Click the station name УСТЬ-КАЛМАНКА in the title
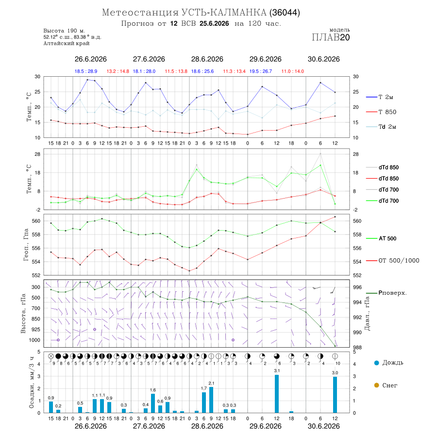[224, 13]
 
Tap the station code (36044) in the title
[285, 13]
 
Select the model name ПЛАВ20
[331, 37]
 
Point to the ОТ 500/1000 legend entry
[393, 261]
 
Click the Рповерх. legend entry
[387, 293]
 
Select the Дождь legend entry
[389, 363]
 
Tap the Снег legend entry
[386, 385]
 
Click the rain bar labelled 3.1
[277, 394]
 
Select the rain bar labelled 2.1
[211, 400]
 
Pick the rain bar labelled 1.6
[153, 403]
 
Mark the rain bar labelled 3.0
[335, 395]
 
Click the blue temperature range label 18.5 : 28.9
[86, 71]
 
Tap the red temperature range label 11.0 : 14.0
[293, 71]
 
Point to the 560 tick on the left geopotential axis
[36, 221]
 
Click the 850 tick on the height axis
[35, 319]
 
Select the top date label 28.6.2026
[207, 59]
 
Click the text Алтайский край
[67, 43]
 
